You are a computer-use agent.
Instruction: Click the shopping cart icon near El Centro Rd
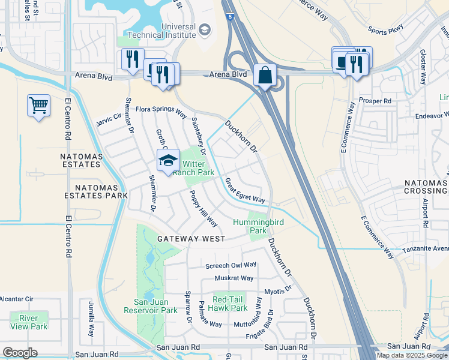(x=39, y=106)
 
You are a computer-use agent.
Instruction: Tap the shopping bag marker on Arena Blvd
(x=265, y=76)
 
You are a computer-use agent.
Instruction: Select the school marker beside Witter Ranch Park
(x=168, y=160)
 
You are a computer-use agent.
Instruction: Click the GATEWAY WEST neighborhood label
(x=183, y=239)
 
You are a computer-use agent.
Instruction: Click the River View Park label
(x=28, y=322)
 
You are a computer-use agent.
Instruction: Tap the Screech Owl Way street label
(x=231, y=265)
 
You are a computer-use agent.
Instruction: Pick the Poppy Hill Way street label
(x=203, y=208)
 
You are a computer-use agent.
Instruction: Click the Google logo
(x=20, y=353)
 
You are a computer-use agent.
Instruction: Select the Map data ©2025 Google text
(x=411, y=355)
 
